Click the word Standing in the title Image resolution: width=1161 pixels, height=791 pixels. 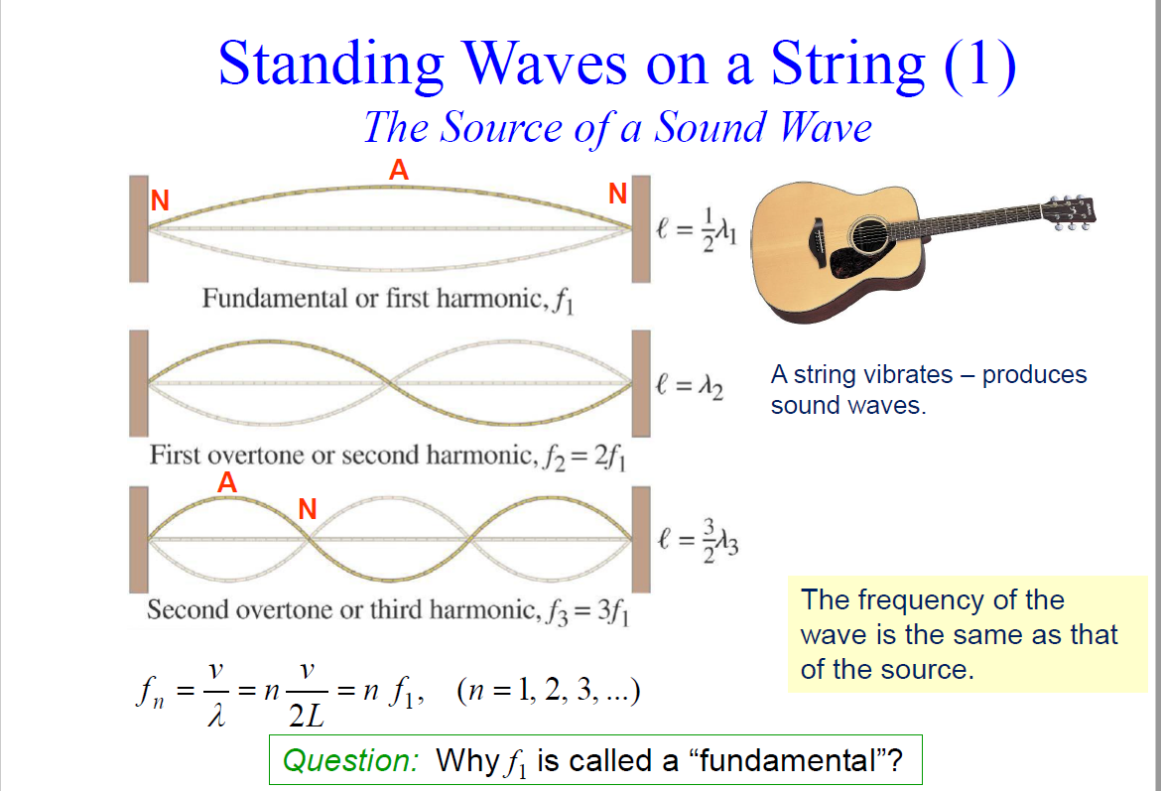[x=331, y=64]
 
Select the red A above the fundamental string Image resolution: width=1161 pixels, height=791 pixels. [x=398, y=171]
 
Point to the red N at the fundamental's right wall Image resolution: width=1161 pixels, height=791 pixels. [x=617, y=195]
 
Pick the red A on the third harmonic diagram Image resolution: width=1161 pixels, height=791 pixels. [x=227, y=482]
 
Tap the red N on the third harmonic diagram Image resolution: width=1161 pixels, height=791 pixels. [x=308, y=509]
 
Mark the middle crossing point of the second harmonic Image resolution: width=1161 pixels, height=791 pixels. [x=392, y=382]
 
